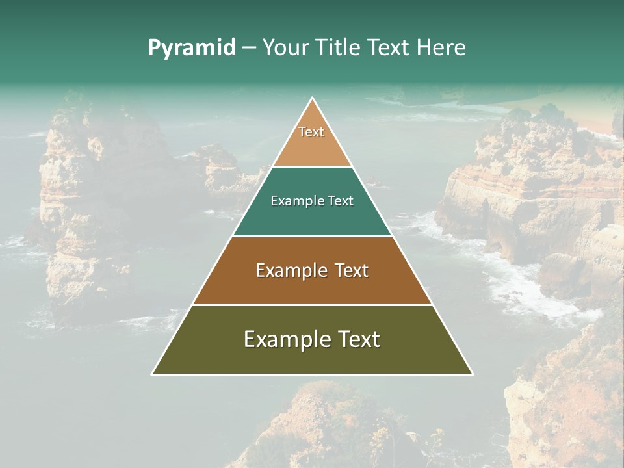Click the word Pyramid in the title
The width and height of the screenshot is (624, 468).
coord(192,48)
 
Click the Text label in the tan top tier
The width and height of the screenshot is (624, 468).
coord(311,132)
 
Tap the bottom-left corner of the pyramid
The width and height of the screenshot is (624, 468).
coord(153,374)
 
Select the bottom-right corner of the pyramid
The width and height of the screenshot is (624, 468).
coord(472,374)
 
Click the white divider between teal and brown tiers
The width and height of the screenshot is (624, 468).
coord(312,236)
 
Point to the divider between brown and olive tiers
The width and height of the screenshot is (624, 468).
coord(312,305)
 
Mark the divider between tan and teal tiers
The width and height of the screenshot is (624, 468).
coord(312,167)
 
